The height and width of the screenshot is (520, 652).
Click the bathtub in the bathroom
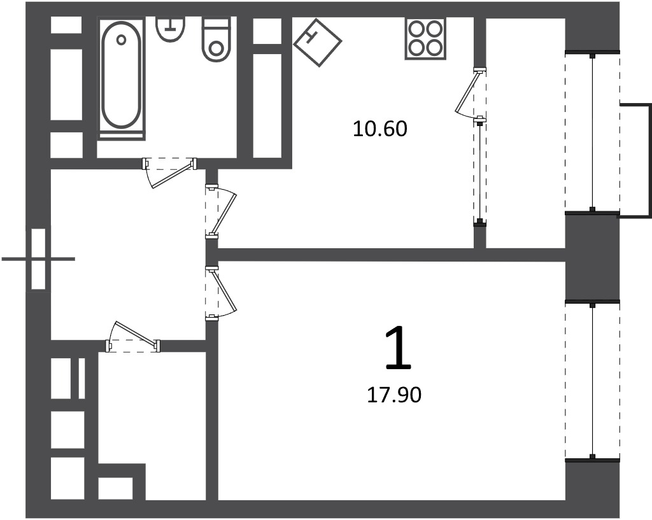coord(121,77)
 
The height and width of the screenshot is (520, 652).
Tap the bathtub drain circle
coord(121,40)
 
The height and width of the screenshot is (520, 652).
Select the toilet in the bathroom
coord(216,39)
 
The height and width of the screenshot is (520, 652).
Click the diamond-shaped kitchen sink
coord(318,43)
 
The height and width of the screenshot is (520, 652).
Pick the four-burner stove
coord(425,39)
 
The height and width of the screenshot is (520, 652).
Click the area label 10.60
coord(380,129)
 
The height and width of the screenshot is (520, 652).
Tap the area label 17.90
coord(394,395)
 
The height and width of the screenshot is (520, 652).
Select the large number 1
coord(399,348)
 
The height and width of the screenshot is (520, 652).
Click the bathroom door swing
coord(169,172)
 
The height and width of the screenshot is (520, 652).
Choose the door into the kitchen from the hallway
coord(221,212)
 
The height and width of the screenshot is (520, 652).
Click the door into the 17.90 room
coord(221,293)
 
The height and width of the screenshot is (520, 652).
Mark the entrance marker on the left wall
coord(38,259)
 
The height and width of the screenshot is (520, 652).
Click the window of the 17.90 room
coord(593,381)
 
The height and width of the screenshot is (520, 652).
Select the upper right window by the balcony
coord(593,132)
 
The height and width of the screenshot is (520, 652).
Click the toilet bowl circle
coord(216,48)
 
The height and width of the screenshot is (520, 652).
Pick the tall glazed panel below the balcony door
coord(480,171)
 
